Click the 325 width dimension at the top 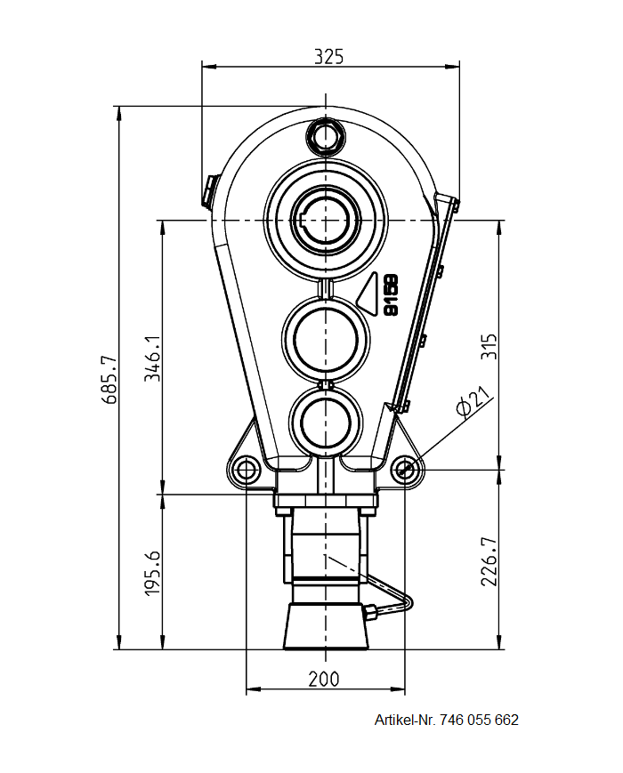pyautogui.click(x=328, y=55)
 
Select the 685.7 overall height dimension pyautogui.click(x=109, y=380)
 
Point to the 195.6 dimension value pyautogui.click(x=152, y=572)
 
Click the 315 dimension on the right pyautogui.click(x=489, y=345)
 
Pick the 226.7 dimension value pyautogui.click(x=489, y=561)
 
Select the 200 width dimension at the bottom pyautogui.click(x=323, y=679)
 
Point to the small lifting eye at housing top pyautogui.click(x=325, y=135)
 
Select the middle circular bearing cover pyautogui.click(x=326, y=339)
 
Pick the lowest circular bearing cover pyautogui.click(x=326, y=420)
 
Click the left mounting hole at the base pyautogui.click(x=245, y=469)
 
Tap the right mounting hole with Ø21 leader pyautogui.click(x=405, y=469)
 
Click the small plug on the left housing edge pyautogui.click(x=208, y=189)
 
